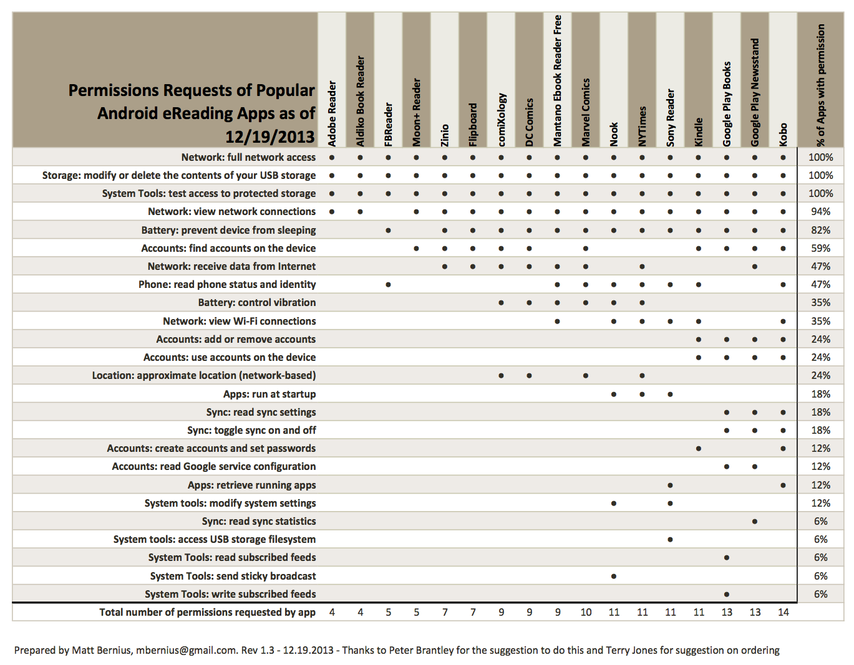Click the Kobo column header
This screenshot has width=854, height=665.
click(x=783, y=135)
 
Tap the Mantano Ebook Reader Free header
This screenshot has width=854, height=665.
click(x=558, y=81)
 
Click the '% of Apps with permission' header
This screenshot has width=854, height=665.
click(x=821, y=85)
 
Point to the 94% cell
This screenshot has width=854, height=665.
click(x=820, y=212)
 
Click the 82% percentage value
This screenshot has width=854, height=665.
click(x=820, y=230)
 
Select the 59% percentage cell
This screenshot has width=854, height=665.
click(x=820, y=248)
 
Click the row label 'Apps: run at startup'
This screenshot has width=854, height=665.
click(x=269, y=394)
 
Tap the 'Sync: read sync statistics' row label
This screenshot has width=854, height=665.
click(x=259, y=521)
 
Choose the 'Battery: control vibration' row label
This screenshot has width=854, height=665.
click(x=257, y=303)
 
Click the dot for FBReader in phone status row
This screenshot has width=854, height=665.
click(x=388, y=285)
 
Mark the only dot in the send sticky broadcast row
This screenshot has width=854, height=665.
click(x=614, y=576)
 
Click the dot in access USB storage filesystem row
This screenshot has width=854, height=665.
click(x=670, y=540)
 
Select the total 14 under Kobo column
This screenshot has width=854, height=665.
click(x=783, y=612)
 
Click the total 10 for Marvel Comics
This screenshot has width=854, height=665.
click(x=586, y=612)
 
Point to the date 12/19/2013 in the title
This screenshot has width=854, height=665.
click(x=269, y=136)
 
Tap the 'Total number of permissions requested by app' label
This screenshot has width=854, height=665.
click(x=207, y=612)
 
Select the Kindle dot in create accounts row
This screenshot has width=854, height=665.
click(x=698, y=449)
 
